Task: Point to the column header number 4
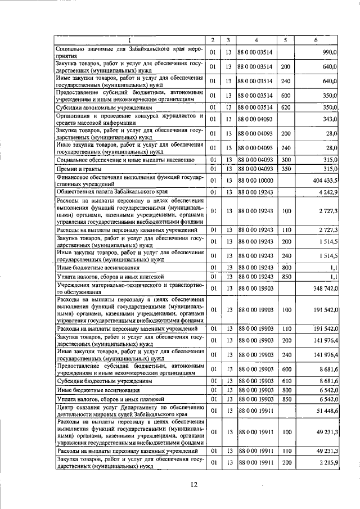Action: click(x=256, y=40)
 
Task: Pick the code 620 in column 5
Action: click(x=285, y=107)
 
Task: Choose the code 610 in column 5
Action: click(x=285, y=381)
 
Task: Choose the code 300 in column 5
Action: click(x=285, y=160)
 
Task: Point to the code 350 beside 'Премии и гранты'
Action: click(x=285, y=169)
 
